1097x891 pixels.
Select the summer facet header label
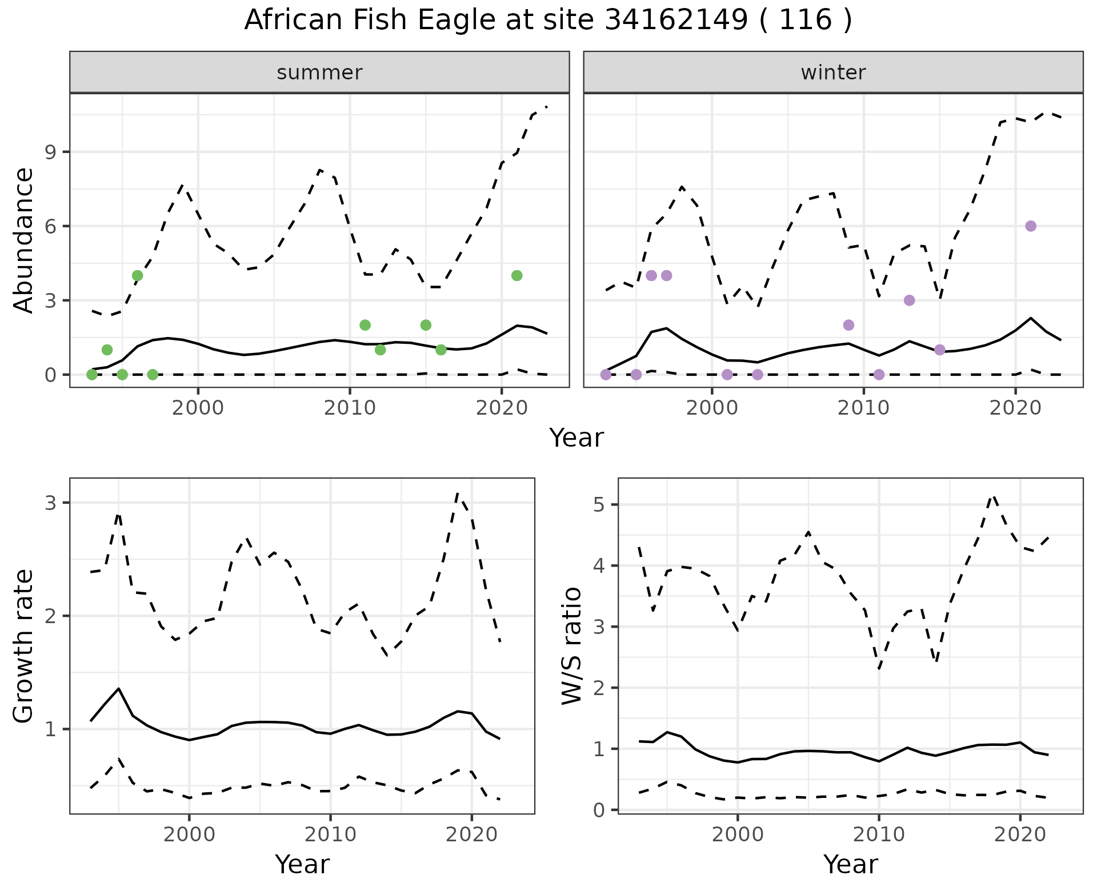pyautogui.click(x=319, y=73)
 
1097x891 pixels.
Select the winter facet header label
pyautogui.click(x=833, y=73)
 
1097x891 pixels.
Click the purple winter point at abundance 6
pyautogui.click(x=1031, y=226)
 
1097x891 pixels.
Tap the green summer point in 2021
pyautogui.click(x=517, y=276)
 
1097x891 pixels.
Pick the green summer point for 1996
pyautogui.click(x=137, y=276)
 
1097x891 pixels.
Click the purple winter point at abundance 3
pyautogui.click(x=910, y=300)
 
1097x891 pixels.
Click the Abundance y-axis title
pyautogui.click(x=24, y=240)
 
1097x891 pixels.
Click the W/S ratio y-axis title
pyautogui.click(x=572, y=645)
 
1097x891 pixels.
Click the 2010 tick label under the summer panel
pyautogui.click(x=350, y=408)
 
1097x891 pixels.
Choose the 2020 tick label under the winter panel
pyautogui.click(x=1015, y=408)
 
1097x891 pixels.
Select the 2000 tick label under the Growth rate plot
pyautogui.click(x=189, y=834)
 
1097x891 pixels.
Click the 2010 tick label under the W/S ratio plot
pyautogui.click(x=879, y=834)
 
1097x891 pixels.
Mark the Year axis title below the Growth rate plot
pyautogui.click(x=302, y=865)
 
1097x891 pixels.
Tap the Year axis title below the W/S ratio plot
pyautogui.click(x=850, y=865)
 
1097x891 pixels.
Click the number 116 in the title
pyautogui.click(x=805, y=21)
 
